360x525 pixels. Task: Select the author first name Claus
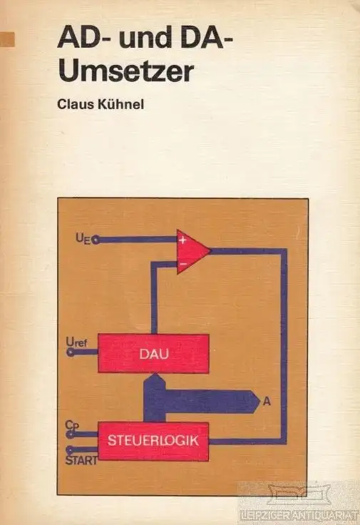76,104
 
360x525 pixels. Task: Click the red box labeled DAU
153,353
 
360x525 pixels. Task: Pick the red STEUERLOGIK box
153,441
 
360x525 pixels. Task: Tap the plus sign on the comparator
182,240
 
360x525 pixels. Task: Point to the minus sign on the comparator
183,264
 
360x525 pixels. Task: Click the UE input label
83,239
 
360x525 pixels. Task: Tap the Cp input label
71,425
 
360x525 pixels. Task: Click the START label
81,460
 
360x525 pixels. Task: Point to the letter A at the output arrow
267,401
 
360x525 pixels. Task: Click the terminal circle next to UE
96,240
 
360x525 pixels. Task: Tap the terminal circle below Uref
71,352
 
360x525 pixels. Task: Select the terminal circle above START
70,449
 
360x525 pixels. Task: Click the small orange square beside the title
7,39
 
